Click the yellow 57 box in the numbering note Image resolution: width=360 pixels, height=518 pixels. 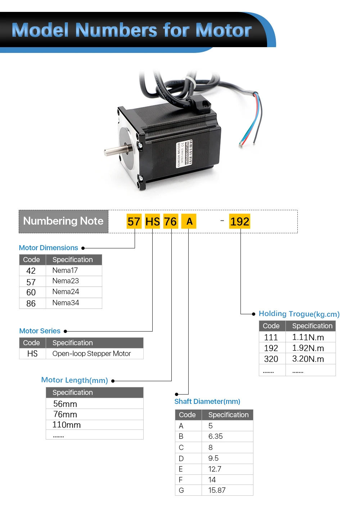[134, 221]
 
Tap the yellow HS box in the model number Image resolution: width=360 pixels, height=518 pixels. [152, 221]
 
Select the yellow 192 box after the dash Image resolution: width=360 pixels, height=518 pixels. [240, 221]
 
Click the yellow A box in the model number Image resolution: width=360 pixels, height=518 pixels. [189, 221]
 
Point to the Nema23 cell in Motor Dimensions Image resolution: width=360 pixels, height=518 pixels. [66, 281]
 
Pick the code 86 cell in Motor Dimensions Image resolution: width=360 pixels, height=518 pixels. [31, 303]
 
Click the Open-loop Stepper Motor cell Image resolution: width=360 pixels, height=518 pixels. [91, 353]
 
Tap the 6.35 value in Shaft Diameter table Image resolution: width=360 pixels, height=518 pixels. [216, 436]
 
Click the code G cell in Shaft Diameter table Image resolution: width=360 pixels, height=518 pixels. [181, 490]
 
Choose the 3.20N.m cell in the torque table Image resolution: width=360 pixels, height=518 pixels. [308, 359]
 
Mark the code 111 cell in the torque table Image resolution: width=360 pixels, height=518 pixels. [271, 337]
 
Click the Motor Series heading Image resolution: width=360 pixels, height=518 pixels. [40, 331]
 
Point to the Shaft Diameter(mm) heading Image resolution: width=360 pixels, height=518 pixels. [207, 401]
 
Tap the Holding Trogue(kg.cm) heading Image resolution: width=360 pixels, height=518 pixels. [299, 314]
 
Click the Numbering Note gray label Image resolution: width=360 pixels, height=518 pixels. [63, 221]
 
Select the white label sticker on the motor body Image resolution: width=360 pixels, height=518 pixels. [184, 154]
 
